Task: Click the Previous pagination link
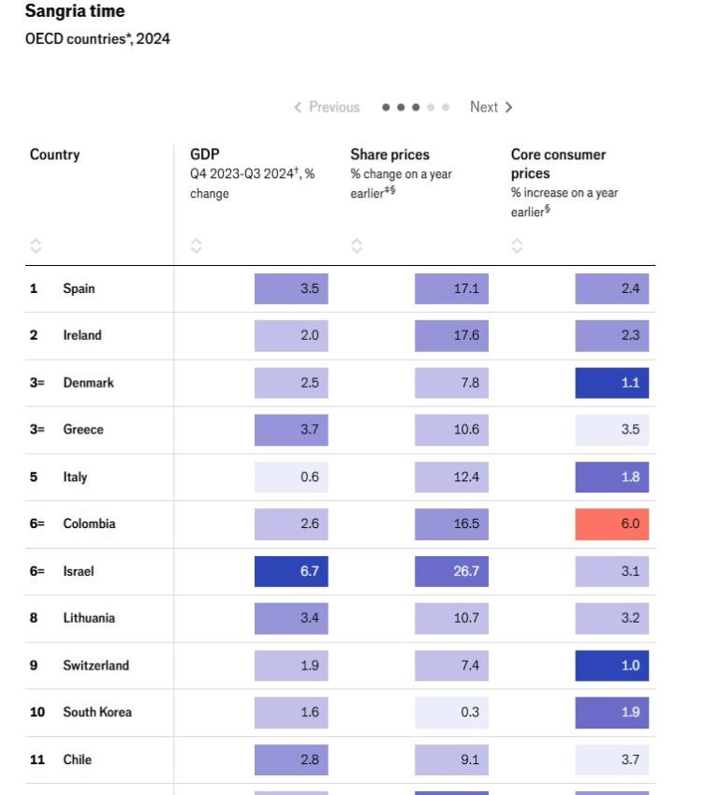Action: pos(327,108)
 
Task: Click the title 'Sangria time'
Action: pos(74,11)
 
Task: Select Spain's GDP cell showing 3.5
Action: pos(291,288)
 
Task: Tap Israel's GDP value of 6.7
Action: pos(291,571)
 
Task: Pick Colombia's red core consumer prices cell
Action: pos(611,524)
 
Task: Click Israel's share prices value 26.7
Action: pos(451,571)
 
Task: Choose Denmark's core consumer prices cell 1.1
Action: pos(611,383)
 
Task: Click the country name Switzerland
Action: pos(95,666)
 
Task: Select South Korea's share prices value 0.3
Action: pos(451,713)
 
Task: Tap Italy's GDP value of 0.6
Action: pos(291,477)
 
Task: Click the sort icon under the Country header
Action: pos(36,246)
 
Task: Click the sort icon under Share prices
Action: pos(357,246)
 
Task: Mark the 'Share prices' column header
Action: pos(389,155)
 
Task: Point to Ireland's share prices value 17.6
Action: pos(451,335)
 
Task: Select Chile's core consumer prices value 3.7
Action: pos(611,759)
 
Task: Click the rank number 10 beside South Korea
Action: pos(37,713)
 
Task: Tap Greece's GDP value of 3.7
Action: pos(291,430)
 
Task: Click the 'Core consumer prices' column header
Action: pos(558,164)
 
